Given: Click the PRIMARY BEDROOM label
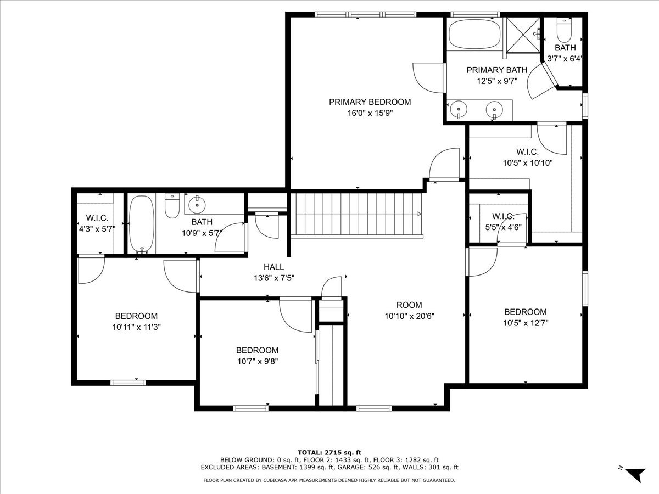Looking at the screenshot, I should click(370, 102).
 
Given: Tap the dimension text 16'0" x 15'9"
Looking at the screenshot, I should click(370, 114).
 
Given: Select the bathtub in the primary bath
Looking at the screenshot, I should click(474, 34).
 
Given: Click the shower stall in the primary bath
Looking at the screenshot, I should click(522, 35).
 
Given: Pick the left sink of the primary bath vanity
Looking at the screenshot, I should click(459, 110).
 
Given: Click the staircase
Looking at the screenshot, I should click(357, 214).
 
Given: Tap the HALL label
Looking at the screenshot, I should click(273, 267).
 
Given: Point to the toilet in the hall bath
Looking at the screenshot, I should click(172, 206).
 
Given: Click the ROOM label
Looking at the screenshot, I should click(409, 305).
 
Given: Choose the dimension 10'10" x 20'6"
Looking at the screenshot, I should click(409, 316).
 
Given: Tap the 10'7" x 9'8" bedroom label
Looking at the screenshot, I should click(257, 350).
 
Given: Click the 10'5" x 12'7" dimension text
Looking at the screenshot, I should click(525, 323).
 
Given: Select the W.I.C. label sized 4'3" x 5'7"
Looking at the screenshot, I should click(97, 218).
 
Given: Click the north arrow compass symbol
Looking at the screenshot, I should click(635, 473).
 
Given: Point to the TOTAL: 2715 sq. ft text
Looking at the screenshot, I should click(329, 452).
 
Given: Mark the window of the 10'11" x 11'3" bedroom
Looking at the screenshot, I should click(128, 383).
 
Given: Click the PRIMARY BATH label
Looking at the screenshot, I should click(496, 70).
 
